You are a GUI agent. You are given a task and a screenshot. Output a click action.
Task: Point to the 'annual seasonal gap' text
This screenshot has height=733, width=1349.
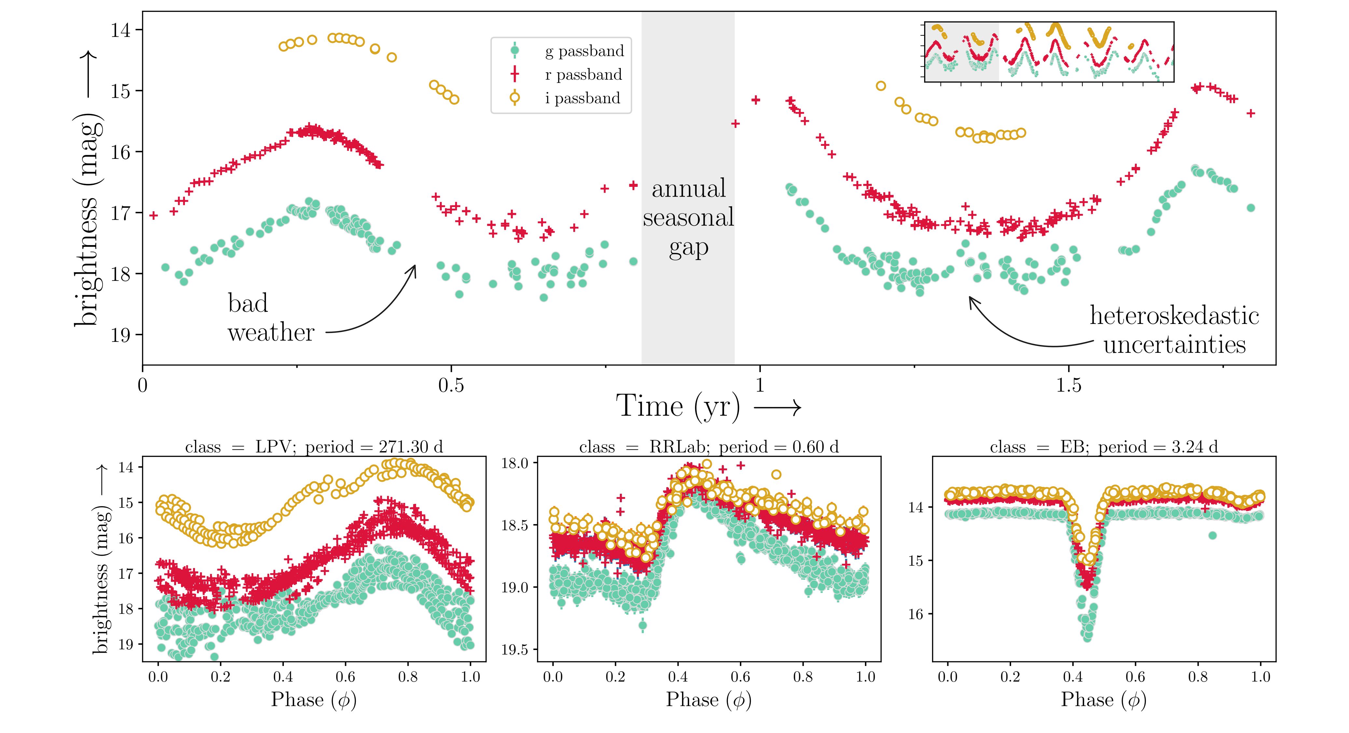pyautogui.click(x=688, y=218)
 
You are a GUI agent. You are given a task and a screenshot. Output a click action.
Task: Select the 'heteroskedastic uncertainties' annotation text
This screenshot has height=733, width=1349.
pyautogui.click(x=1174, y=330)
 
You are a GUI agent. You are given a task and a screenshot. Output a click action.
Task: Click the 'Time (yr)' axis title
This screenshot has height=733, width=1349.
pyautogui.click(x=679, y=406)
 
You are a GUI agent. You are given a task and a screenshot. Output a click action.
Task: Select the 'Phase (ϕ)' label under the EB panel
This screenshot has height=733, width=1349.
pyautogui.click(x=1104, y=699)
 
